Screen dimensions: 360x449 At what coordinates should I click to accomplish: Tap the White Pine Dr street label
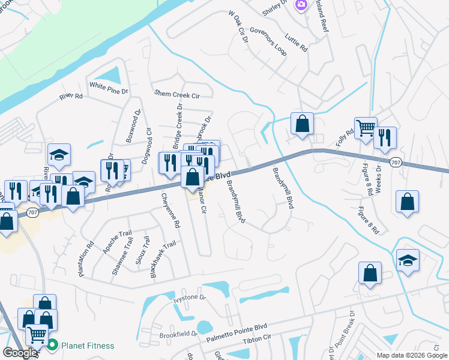(109, 85)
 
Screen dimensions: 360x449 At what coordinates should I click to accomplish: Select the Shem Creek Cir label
(176, 94)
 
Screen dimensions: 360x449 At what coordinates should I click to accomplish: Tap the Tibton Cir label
(257, 340)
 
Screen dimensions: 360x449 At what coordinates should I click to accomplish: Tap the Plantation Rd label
(86, 258)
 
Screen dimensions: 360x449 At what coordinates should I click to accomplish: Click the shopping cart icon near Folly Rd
(365, 127)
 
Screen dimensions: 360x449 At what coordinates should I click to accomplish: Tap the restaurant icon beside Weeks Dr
(385, 137)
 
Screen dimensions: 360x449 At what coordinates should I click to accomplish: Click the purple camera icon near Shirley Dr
(301, 5)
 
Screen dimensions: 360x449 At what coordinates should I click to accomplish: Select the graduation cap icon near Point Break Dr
(408, 260)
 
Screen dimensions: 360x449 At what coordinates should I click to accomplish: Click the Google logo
(20, 353)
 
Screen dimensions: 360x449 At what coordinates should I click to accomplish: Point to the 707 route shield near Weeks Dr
(394, 162)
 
